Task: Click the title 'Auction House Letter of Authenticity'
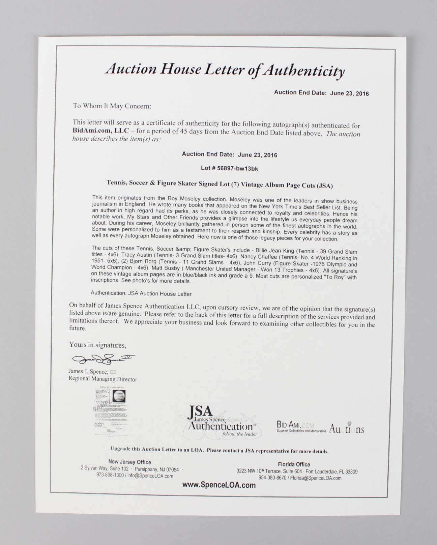[225, 70]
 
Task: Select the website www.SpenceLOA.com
[219, 485]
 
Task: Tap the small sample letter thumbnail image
[110, 410]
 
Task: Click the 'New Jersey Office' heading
[129, 462]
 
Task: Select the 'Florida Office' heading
[294, 464]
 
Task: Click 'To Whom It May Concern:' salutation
[112, 106]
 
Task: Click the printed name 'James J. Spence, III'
[92, 371]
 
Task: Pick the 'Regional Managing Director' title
[103, 379]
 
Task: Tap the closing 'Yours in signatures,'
[97, 345]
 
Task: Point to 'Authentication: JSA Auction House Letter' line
[141, 293]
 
